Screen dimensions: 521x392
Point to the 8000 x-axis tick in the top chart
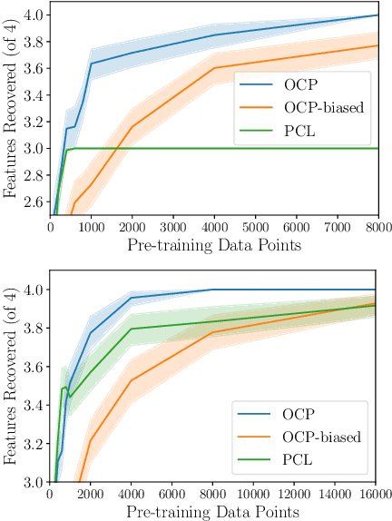pos(378,227)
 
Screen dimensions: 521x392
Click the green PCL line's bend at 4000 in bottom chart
pos(132,329)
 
